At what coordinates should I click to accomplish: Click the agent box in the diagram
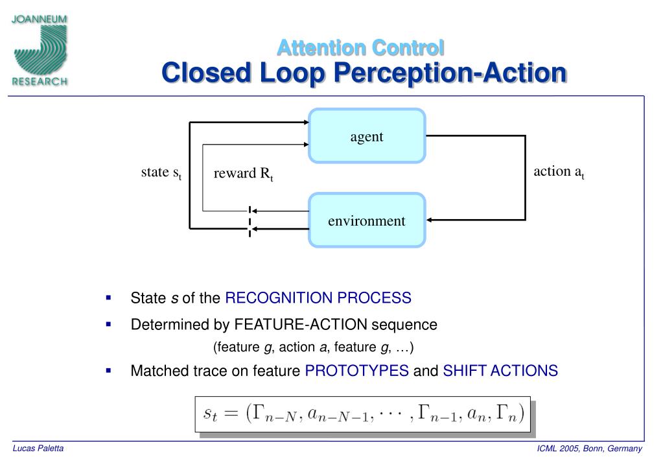367,135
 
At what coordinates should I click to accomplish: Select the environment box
367,220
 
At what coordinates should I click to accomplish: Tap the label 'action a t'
559,172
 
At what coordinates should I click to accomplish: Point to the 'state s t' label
161,172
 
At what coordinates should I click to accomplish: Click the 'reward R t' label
243,174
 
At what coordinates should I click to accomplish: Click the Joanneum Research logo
39,51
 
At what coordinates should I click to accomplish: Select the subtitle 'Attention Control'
361,47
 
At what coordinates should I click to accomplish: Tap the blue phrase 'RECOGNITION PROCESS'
318,298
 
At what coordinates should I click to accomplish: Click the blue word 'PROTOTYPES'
356,371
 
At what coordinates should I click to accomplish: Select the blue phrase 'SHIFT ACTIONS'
500,371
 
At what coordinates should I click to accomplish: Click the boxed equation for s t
363,414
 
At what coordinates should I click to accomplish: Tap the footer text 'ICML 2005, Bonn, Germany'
589,449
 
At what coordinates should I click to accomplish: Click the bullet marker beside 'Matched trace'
109,370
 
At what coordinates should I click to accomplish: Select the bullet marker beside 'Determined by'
109,324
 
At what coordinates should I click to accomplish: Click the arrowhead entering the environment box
430,220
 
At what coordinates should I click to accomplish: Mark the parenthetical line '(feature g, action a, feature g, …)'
313,347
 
